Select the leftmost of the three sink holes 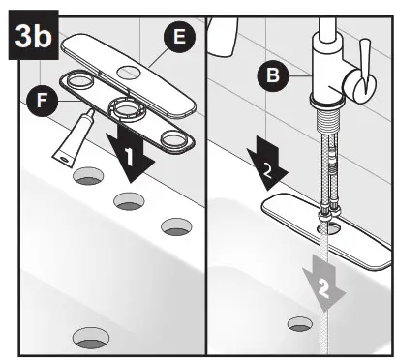[86, 176]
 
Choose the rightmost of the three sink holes [175, 226]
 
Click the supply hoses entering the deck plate [327, 184]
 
